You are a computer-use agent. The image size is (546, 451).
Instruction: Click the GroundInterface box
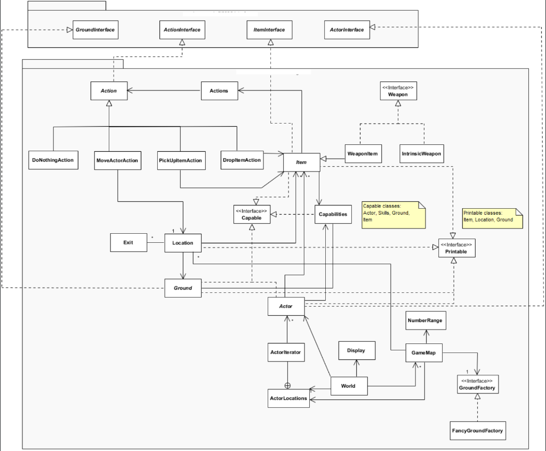pyautogui.click(x=94, y=30)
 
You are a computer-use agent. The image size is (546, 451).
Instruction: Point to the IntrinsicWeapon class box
pyautogui.click(x=421, y=153)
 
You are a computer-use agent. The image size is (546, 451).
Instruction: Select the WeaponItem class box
pyautogui.click(x=363, y=153)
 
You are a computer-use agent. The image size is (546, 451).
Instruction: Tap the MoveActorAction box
pyautogui.click(x=117, y=160)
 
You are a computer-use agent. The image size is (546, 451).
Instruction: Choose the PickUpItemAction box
pyautogui.click(x=181, y=160)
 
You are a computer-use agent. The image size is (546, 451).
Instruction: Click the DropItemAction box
pyautogui.click(x=242, y=160)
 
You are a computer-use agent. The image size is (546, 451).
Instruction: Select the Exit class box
pyautogui.click(x=128, y=243)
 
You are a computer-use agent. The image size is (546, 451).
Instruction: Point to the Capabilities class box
pyautogui.click(x=333, y=215)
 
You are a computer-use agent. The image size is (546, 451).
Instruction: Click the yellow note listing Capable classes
pyautogui.click(x=394, y=215)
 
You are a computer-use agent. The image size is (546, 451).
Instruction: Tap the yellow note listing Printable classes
pyautogui.click(x=491, y=218)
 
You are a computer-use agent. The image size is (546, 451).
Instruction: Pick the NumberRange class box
pyautogui.click(x=425, y=321)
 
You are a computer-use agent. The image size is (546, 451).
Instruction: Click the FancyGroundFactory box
pyautogui.click(x=477, y=430)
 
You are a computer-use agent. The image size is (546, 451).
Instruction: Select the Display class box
pyautogui.click(x=356, y=351)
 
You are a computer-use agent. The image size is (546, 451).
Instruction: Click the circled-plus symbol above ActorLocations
pyautogui.click(x=287, y=385)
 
